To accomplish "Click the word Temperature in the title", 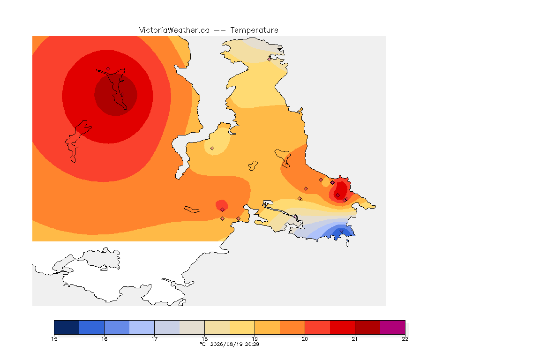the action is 254,30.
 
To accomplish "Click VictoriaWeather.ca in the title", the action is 174,30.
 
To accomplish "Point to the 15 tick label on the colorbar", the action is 54,339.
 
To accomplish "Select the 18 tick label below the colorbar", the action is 204,339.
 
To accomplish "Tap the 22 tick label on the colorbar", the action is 405,339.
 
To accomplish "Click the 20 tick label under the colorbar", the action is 305,339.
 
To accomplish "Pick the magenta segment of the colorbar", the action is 393,327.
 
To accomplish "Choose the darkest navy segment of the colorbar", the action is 67,327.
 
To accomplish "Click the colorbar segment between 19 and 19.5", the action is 267,327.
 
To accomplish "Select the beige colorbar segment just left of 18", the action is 192,327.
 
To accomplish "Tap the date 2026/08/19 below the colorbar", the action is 226,344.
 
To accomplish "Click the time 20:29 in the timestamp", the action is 252,344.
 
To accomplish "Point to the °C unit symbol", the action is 203,344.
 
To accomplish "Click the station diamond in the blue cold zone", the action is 341,231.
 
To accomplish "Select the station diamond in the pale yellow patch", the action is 212,149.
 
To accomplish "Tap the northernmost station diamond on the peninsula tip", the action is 270,59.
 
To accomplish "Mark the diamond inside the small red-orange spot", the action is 223,210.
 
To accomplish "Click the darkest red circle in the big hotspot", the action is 116,95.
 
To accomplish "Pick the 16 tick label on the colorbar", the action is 105,339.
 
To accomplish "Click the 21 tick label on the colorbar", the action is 355,339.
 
